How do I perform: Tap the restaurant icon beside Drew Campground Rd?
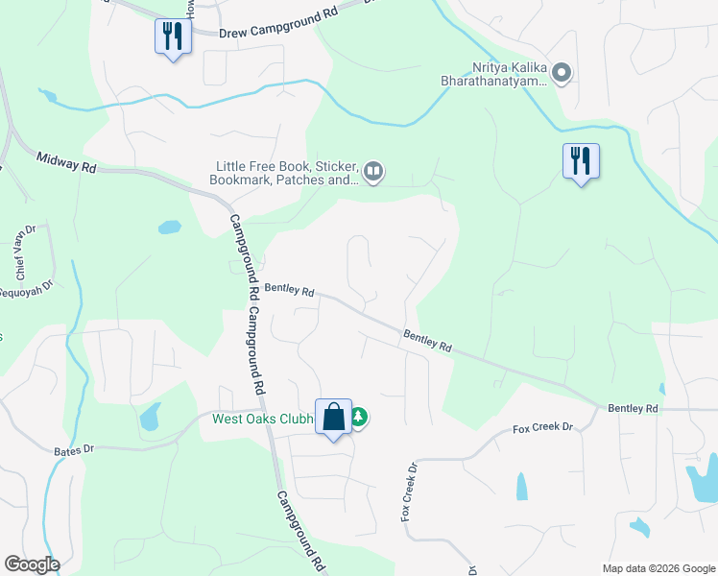click(x=173, y=37)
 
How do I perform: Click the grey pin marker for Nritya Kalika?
click(x=562, y=73)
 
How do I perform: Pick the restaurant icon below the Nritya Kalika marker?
click(x=581, y=161)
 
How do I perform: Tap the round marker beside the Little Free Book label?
click(x=373, y=173)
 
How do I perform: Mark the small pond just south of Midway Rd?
click(x=169, y=228)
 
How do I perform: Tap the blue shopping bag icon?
click(x=334, y=418)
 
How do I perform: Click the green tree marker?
click(x=359, y=418)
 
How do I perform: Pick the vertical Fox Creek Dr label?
click(x=410, y=493)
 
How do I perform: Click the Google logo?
click(x=32, y=564)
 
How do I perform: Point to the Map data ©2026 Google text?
click(x=658, y=567)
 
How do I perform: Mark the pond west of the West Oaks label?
click(x=150, y=418)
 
